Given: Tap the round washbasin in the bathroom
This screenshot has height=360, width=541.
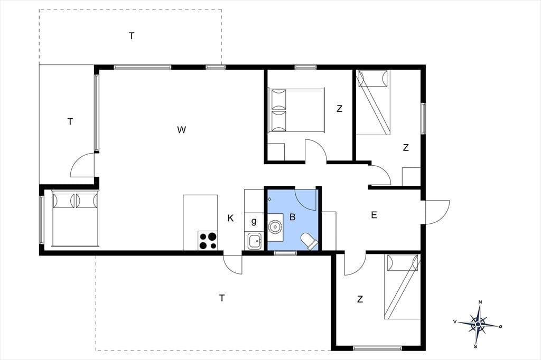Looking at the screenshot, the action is point(275,227).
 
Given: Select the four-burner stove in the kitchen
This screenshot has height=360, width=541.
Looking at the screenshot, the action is point(208,240).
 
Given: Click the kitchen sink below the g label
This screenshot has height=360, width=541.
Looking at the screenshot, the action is point(254,240).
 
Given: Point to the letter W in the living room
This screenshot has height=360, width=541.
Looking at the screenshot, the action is point(182,130).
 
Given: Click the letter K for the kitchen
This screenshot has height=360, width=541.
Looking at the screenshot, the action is point(230,218).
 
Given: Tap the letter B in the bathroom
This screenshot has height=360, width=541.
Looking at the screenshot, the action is point(293,217).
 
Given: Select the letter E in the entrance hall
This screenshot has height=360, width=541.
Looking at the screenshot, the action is point(374,215).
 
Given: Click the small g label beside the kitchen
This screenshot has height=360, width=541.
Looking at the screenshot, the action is point(254,221).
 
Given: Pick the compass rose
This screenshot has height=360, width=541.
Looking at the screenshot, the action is point(478,324).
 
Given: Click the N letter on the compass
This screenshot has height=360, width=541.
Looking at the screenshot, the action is point(480,302).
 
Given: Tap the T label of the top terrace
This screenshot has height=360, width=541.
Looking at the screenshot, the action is point(132,36).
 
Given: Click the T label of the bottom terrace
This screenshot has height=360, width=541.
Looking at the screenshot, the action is point(222,298).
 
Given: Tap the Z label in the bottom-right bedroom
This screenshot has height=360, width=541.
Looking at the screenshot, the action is point(360,299).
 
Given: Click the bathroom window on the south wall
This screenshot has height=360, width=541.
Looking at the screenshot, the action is point(285,253).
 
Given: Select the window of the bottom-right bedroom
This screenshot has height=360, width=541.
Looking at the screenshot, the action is point(378,348).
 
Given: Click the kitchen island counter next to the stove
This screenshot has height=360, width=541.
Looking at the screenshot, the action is point(200,213).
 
